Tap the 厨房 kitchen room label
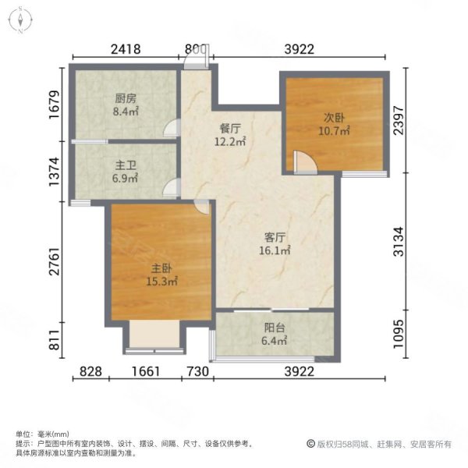pos(125,98)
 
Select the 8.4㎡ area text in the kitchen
pos(125,112)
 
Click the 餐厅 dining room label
pos(229,128)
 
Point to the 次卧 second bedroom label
pos(335,118)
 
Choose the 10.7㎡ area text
pos(335,131)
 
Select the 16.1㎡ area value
pos(275,250)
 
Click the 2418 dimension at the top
pos(125,49)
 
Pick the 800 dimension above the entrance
pos(196,49)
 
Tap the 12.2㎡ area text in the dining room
pos(229,142)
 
